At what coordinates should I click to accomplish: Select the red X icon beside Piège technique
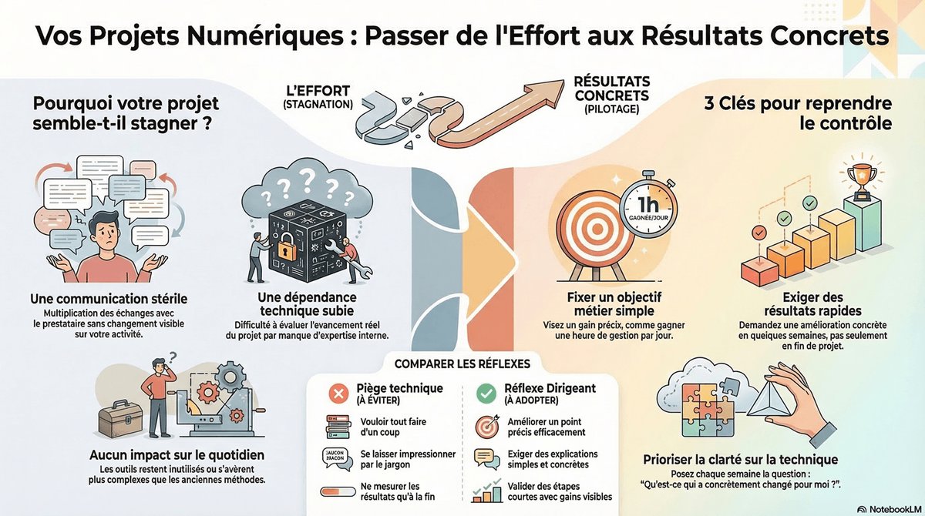(336, 394)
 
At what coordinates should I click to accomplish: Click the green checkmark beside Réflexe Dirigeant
(486, 394)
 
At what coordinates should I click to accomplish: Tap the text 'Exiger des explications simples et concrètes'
(553, 459)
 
